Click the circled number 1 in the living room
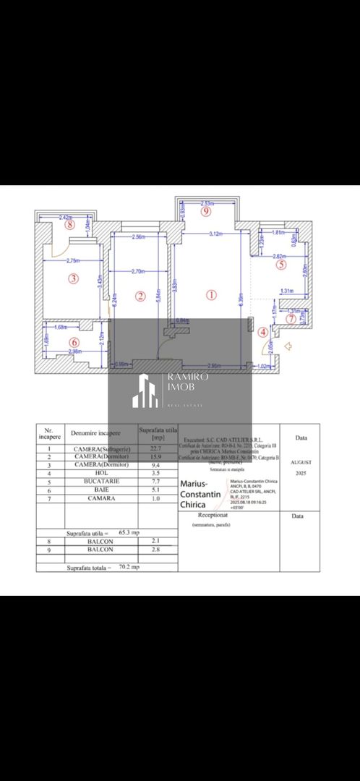[x=211, y=294]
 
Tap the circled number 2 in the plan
[x=140, y=295]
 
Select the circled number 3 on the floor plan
[x=72, y=278]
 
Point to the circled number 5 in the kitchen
[x=281, y=265]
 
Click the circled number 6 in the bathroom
[x=72, y=342]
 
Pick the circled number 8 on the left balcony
[x=70, y=224]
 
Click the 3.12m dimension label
[x=215, y=234]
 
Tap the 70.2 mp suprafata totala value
[x=129, y=567]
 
